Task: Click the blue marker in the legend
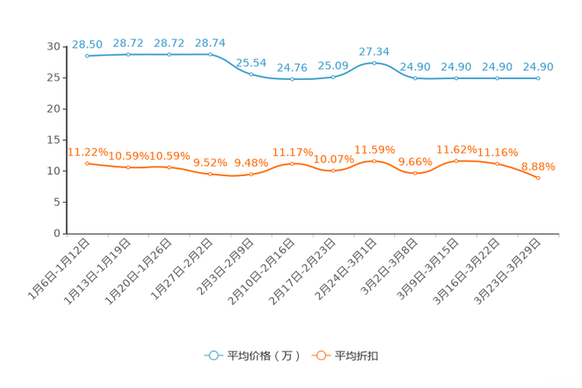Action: tap(213, 355)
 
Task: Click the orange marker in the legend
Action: tap(320, 355)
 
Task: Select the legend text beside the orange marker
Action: tap(357, 356)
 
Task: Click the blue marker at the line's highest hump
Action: tap(375, 63)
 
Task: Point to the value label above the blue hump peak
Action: tap(374, 51)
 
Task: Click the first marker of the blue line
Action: tap(88, 56)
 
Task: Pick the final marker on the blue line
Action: tap(538, 77)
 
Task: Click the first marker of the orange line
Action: tap(88, 163)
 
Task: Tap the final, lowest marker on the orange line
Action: tap(538, 178)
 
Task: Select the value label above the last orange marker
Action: tap(538, 166)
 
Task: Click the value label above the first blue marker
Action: tap(86, 44)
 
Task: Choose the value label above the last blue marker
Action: tap(538, 66)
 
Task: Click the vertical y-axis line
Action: tap(68, 141)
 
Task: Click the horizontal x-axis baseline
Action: tap(313, 233)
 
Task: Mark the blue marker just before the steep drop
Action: tap(210, 55)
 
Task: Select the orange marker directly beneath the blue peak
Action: tap(375, 161)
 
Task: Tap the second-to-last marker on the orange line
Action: tap(498, 164)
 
